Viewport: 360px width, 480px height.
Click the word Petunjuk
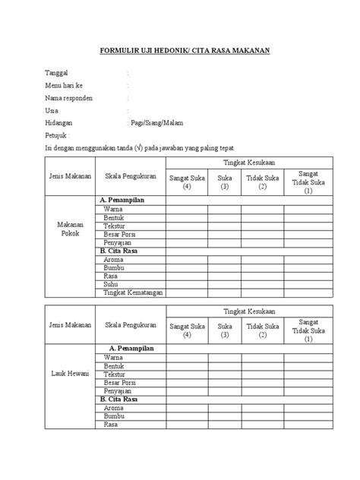(59, 135)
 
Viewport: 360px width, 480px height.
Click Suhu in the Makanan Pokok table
(112, 284)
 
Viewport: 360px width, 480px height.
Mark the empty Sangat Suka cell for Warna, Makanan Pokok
(188, 207)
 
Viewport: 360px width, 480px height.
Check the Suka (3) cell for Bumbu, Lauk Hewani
(224, 417)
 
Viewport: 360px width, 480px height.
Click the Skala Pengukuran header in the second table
(131, 325)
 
